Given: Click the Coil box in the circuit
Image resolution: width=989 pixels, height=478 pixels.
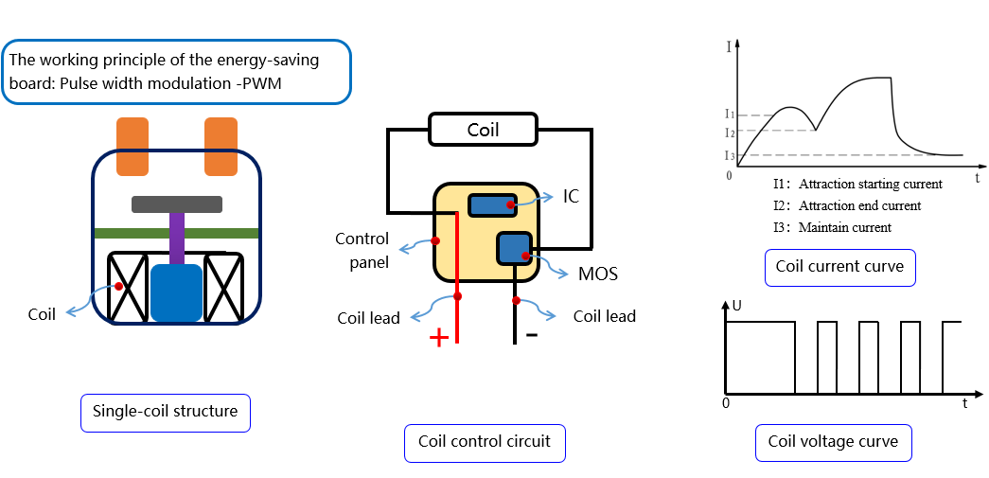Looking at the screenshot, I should click(x=484, y=130).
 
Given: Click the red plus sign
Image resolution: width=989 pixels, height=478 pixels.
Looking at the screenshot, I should click(x=439, y=338).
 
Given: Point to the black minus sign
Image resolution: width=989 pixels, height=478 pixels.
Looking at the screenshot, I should click(x=532, y=334).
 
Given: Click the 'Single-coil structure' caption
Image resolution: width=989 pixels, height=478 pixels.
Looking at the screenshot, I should click(x=165, y=413).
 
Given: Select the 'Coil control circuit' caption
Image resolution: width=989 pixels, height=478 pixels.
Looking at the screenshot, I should click(x=484, y=442).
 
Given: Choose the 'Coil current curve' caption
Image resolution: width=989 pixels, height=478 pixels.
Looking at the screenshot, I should click(x=839, y=267).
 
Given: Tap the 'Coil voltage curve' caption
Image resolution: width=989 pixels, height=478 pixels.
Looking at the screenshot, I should click(x=833, y=442).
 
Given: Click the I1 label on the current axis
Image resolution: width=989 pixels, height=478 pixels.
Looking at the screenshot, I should click(x=729, y=115).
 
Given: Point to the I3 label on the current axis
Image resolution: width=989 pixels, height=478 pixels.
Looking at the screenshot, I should click(x=729, y=155).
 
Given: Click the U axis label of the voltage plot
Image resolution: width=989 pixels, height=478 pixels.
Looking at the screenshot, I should click(x=737, y=306).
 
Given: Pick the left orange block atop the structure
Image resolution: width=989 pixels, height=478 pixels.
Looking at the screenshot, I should click(x=132, y=147).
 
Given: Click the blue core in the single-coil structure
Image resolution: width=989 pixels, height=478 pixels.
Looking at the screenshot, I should click(x=176, y=292).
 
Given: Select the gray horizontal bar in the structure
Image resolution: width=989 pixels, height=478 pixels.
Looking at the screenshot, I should click(x=177, y=204).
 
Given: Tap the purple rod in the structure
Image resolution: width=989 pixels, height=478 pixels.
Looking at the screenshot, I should click(x=176, y=239).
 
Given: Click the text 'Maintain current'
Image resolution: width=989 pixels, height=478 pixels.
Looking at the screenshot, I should click(x=844, y=227).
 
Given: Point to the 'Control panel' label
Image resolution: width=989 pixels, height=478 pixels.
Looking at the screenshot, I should click(x=362, y=250).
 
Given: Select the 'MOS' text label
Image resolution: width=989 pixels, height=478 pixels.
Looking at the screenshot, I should click(x=598, y=274).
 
